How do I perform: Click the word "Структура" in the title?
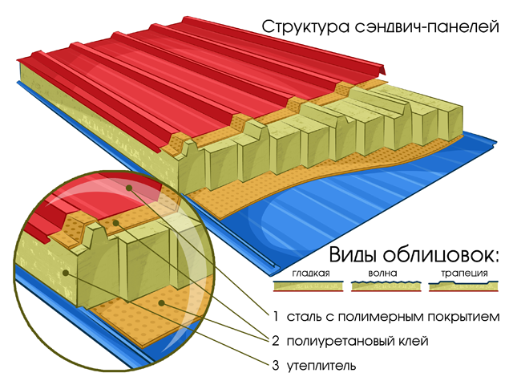coord(306,26)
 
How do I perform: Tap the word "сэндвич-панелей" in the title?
coord(427,26)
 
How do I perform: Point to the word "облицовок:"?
coord(441,254)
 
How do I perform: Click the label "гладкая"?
coord(311,273)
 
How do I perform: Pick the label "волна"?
coord(383,273)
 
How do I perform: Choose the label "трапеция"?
coord(464,274)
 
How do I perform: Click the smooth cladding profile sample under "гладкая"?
coord(308,286)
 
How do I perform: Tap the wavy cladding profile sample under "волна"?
coord(386,286)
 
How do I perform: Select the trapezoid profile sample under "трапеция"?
coord(463,286)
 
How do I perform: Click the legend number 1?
coord(276,317)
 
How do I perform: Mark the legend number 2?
coord(276,341)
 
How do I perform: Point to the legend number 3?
coord(276,366)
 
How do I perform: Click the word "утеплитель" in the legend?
coord(321,366)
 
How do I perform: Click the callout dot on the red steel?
coord(129,188)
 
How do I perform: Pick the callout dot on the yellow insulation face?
coord(66,273)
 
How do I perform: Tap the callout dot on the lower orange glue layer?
coord(161,303)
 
